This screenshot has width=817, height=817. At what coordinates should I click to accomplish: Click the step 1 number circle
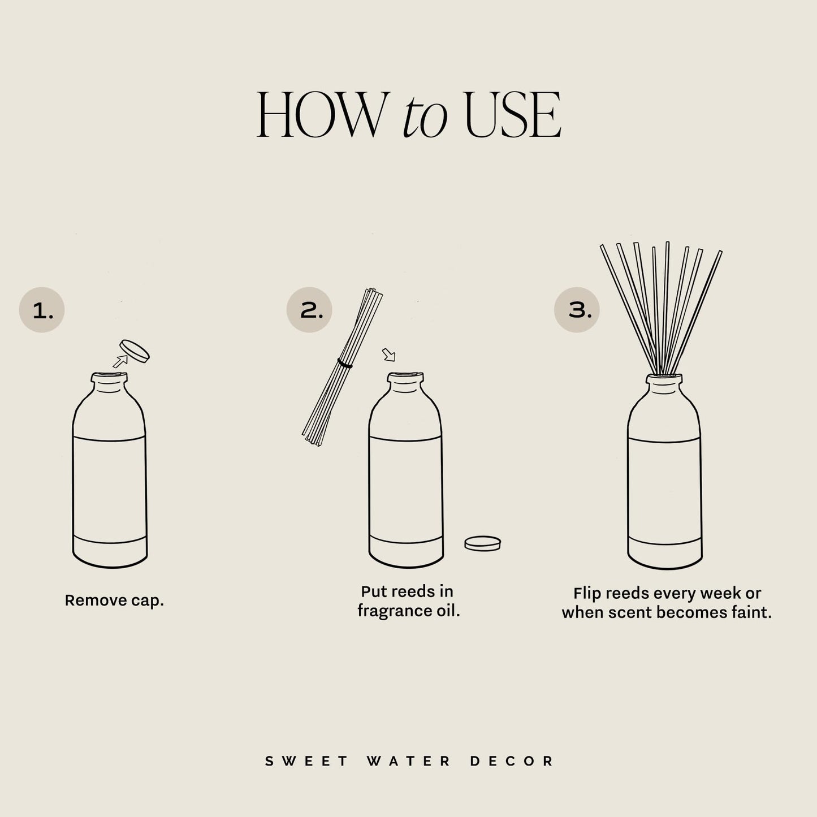point(42,309)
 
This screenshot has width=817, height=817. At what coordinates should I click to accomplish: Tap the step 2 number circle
point(309,309)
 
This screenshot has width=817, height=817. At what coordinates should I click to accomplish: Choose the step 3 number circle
point(577,309)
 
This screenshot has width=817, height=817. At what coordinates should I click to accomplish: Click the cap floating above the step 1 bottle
point(135,351)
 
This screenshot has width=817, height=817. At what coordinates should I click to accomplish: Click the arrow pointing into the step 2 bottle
point(388,355)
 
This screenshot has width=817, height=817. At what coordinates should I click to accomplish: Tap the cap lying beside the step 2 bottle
point(482,543)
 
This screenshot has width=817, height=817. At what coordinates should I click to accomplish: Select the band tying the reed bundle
point(345,363)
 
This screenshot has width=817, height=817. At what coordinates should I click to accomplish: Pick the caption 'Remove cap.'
point(114,600)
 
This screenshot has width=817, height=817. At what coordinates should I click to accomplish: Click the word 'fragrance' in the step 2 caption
point(390,611)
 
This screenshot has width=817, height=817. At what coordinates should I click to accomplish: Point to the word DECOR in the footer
point(512,761)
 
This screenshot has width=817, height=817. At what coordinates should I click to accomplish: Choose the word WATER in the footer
point(409,761)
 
